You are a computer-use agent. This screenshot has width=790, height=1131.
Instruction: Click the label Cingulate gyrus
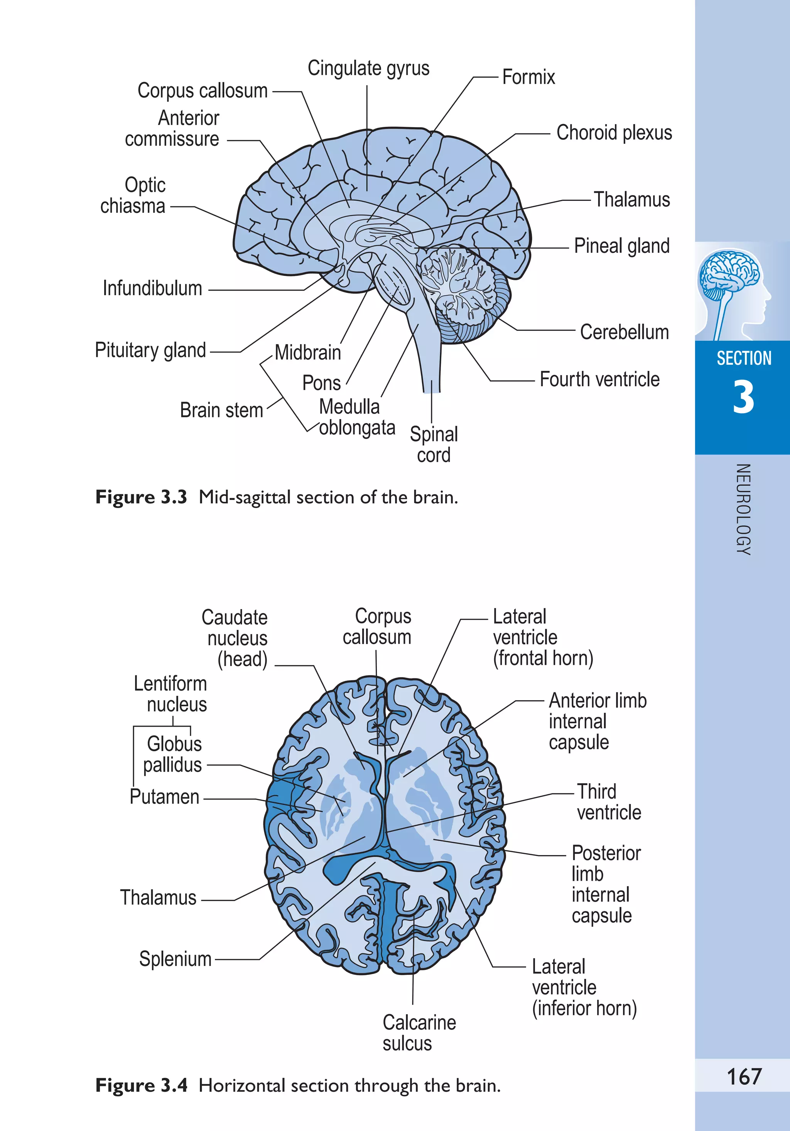[368, 69]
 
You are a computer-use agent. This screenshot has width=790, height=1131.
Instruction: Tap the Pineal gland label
[621, 246]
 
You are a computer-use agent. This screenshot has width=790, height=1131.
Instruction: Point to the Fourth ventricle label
[599, 379]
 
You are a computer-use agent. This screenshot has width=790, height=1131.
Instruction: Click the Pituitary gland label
[150, 350]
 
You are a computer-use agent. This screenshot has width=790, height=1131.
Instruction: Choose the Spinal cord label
[434, 444]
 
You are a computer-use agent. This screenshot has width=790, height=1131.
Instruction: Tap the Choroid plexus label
[614, 133]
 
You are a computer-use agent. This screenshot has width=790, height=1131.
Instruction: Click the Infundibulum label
[152, 288]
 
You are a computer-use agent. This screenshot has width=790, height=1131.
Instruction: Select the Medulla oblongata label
[356, 417]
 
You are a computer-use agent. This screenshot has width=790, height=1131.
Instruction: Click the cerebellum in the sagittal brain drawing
[463, 291]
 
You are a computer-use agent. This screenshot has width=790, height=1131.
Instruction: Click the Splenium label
[175, 959]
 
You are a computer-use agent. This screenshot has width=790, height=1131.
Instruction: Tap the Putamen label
[164, 796]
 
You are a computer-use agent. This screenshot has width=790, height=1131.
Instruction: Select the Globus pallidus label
[173, 754]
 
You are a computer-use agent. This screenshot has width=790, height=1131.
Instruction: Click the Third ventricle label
[609, 802]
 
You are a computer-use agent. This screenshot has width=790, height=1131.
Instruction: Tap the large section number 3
[743, 397]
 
